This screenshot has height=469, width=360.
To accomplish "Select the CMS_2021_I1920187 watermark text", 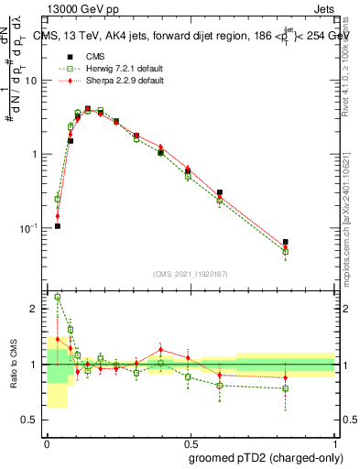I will pos(191,274).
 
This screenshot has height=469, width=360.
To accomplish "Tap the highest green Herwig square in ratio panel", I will pos(58,297).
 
